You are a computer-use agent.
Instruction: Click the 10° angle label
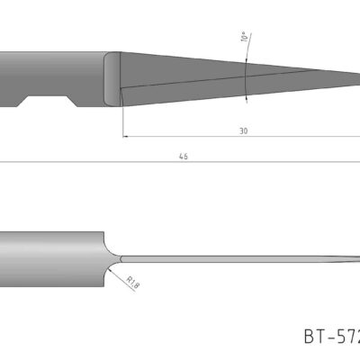pyautogui.click(x=243, y=38)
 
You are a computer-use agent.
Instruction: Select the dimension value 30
pyautogui.click(x=243, y=130)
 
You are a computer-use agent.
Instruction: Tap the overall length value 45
pyautogui.click(x=184, y=156)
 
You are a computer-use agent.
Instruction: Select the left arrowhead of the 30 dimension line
pyautogui.click(x=126, y=137)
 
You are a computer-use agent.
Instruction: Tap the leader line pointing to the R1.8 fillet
pyautogui.click(x=119, y=274)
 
